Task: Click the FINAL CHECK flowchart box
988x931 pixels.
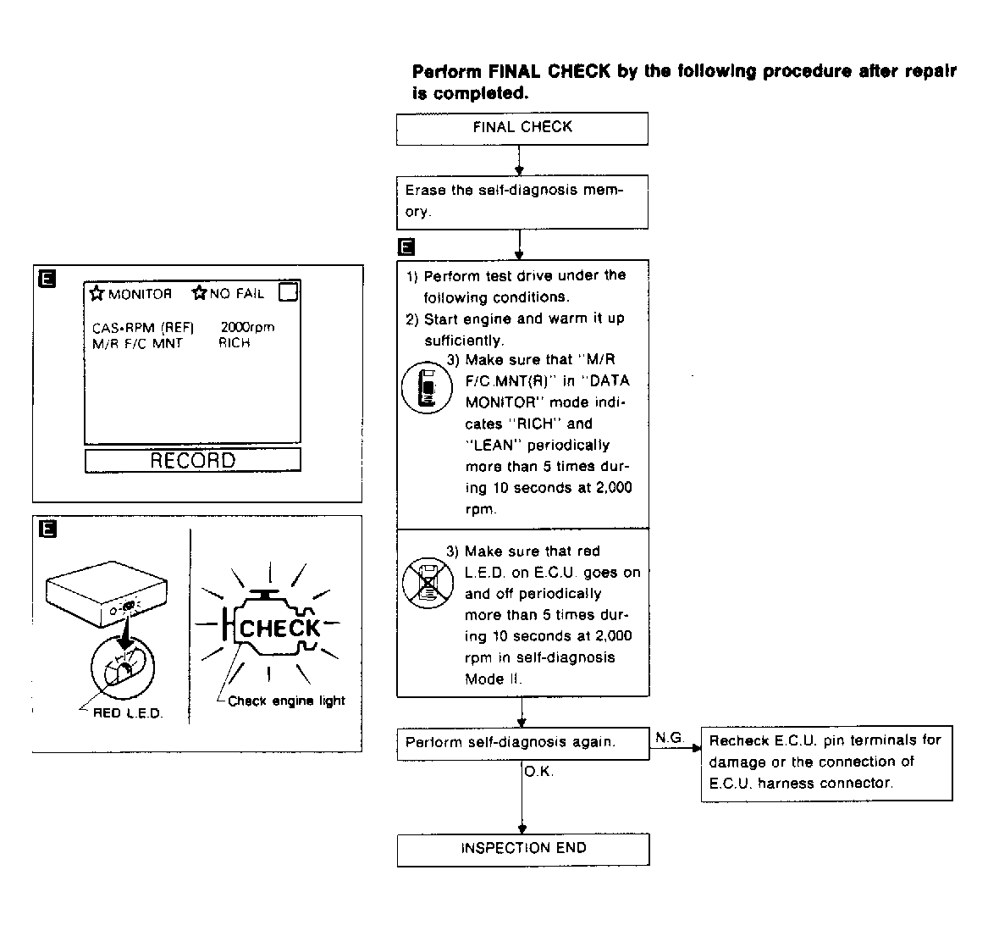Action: point(522,128)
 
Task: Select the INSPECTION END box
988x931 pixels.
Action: point(522,849)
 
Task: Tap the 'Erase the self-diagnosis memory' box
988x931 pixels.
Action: point(522,202)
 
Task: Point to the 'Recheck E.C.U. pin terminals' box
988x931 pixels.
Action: point(826,762)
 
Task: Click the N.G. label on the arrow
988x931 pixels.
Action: point(670,738)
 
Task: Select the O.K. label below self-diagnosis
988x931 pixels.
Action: point(538,772)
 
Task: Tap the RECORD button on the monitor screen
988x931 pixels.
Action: point(192,460)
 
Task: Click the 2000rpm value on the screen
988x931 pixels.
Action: point(247,327)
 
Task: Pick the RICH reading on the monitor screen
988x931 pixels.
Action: point(235,343)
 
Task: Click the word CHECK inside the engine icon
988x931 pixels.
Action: point(279,629)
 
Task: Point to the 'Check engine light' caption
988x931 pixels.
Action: point(286,701)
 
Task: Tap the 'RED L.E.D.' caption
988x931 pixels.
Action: point(128,713)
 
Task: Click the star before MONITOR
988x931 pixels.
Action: point(97,294)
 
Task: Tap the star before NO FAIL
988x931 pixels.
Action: point(199,294)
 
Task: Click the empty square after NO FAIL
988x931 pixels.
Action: point(288,292)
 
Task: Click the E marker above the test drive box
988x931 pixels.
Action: point(406,247)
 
